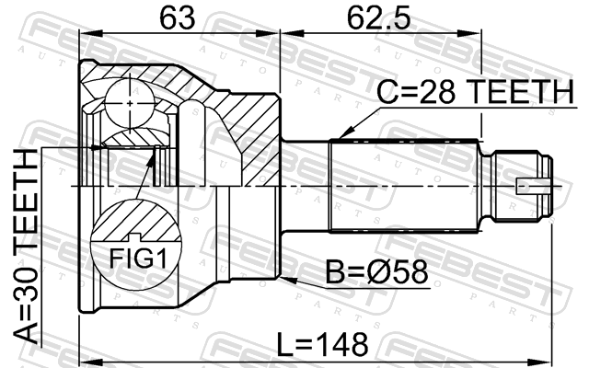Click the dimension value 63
coord(178,17)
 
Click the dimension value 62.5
coord(378,17)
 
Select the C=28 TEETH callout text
coord(476,92)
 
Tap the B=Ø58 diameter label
coord(376,272)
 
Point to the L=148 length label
coord(322,344)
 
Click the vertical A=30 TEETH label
coord(26,246)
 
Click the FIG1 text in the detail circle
coord(137,258)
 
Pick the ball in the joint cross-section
coord(130,103)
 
